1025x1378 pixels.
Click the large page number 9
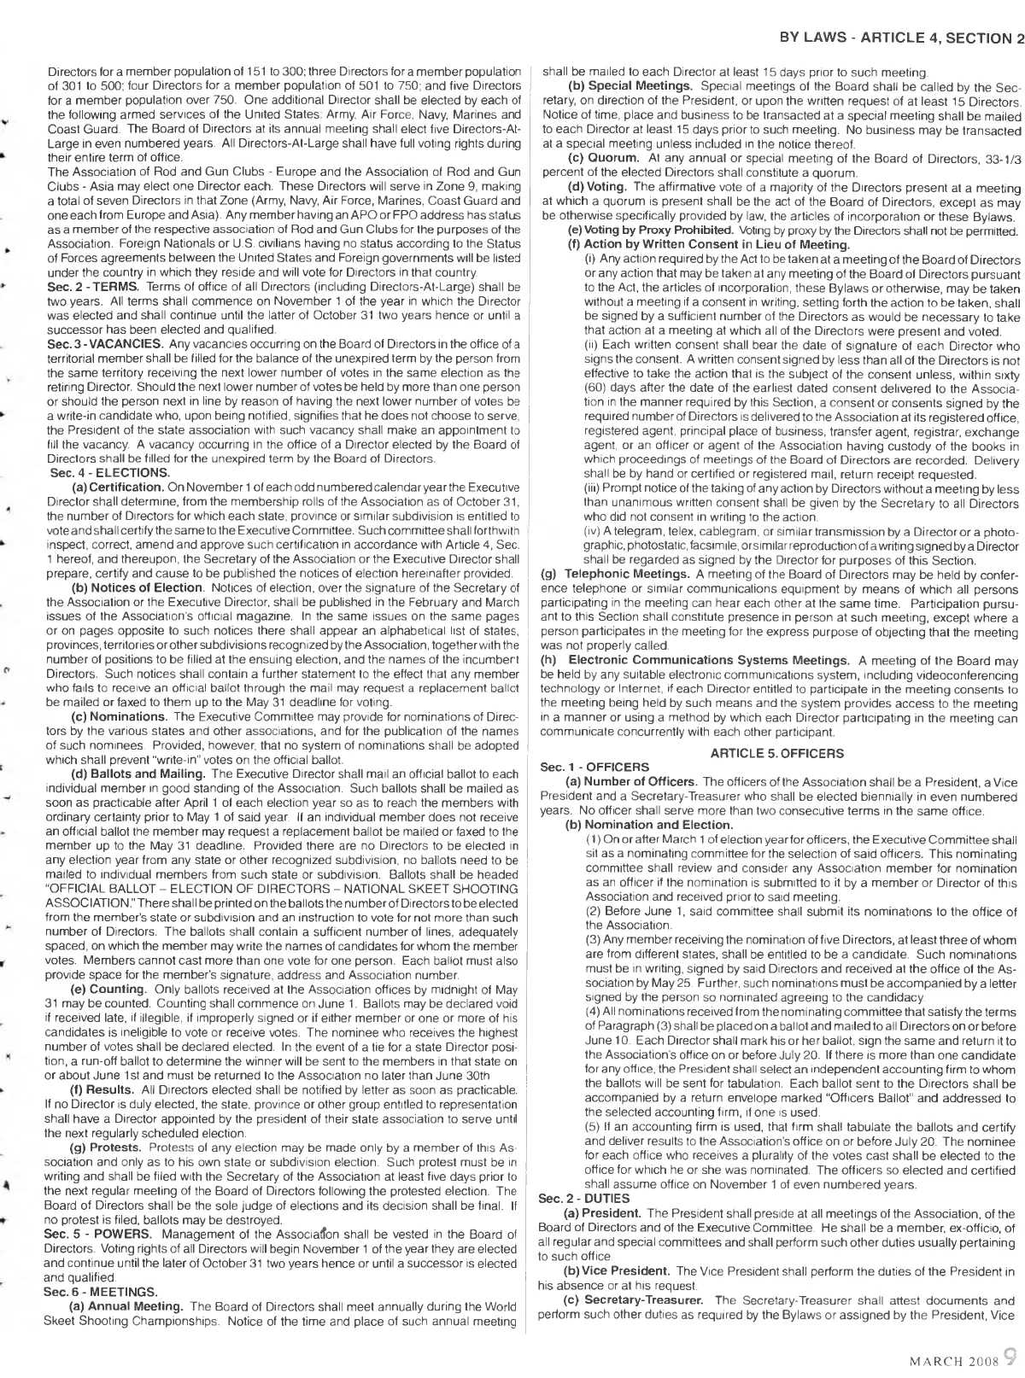click(x=1009, y=1354)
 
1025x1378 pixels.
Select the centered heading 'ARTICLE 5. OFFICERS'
click(x=776, y=753)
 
